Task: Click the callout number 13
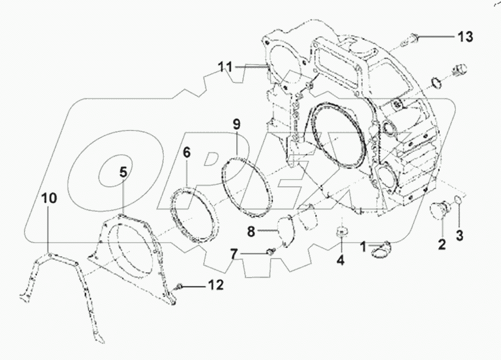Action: pos(464,37)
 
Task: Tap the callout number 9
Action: pos(236,125)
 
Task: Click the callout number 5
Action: pos(123,173)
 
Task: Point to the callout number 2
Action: pos(442,243)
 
